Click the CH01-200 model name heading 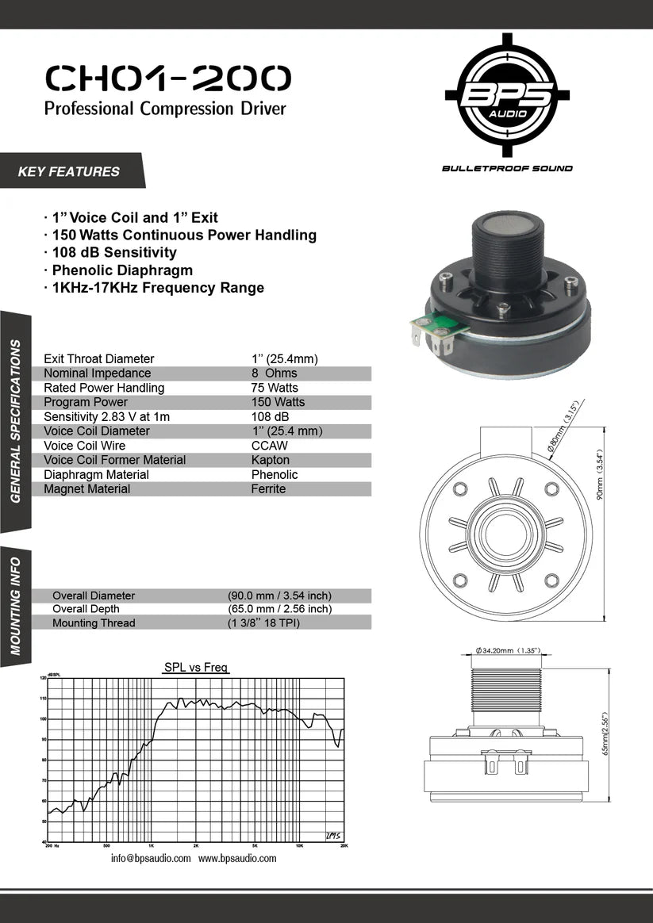pos(168,79)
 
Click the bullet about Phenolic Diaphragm pos(122,270)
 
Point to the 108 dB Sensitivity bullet pos(114,253)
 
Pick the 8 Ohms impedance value pos(274,373)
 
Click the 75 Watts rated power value pos(275,388)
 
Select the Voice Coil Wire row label pos(85,446)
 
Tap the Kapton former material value pos(271,460)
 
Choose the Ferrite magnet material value pos(268,489)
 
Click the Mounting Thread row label pos(94,623)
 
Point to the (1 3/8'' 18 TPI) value pos(264,623)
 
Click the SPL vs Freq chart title pos(195,668)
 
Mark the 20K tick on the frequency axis pos(344,846)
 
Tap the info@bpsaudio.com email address pos(151,859)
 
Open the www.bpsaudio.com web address pos(237,859)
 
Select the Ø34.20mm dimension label pos(509,651)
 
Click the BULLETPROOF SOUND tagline pos(507,168)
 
